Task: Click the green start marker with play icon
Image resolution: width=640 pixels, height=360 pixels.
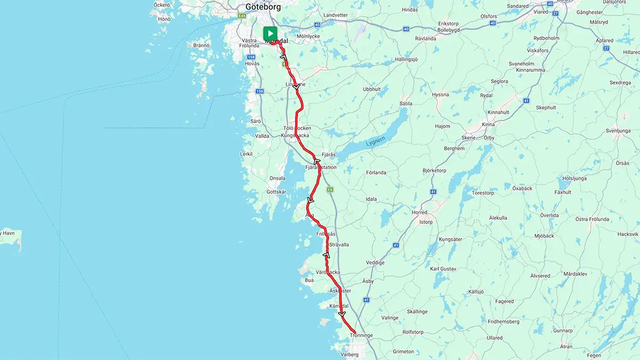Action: click(270, 33)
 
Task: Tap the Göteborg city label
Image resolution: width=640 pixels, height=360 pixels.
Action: click(263, 7)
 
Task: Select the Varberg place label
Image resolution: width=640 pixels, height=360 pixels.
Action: click(350, 354)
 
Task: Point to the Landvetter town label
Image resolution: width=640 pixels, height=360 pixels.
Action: click(335, 15)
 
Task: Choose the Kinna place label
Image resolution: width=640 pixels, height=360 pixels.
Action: click(488, 125)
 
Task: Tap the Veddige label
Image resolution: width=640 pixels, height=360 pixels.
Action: click(375, 262)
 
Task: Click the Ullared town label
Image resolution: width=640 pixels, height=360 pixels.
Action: click(494, 338)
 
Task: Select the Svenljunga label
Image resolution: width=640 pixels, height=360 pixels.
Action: click(618, 131)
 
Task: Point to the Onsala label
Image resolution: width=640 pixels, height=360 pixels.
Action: click(277, 178)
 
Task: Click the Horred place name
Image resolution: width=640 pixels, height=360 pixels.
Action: click(420, 212)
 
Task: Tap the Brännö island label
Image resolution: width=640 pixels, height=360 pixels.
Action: click(201, 45)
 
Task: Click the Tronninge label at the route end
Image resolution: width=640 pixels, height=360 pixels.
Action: click(362, 335)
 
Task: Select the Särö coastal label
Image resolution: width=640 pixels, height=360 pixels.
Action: click(255, 121)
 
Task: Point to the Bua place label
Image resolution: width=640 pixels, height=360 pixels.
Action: click(309, 279)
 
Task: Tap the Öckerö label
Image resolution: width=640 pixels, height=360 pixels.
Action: click(162, 5)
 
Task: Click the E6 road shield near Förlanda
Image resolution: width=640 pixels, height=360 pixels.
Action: click(331, 189)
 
